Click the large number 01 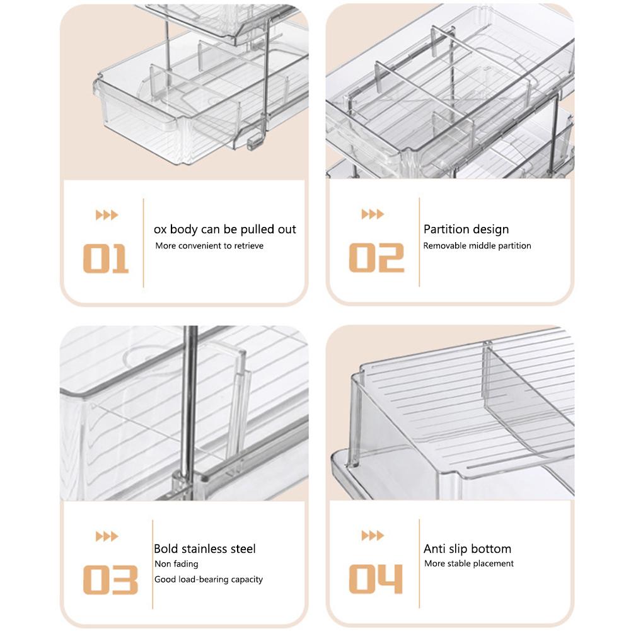point(106,259)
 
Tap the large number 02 point(376,258)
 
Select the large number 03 point(110,580)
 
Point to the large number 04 point(376,579)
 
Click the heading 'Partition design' point(466,229)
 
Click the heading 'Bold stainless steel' point(205,549)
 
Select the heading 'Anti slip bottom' point(467,549)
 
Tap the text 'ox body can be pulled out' point(225,229)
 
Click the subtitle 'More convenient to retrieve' point(209,246)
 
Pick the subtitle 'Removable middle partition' point(477,246)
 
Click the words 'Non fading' point(177,564)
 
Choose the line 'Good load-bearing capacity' point(209,579)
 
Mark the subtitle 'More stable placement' point(469,564)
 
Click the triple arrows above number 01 point(107,216)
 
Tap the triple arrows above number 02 point(373,215)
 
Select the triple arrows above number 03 point(107,536)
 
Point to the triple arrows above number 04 point(373,536)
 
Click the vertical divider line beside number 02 point(419,243)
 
